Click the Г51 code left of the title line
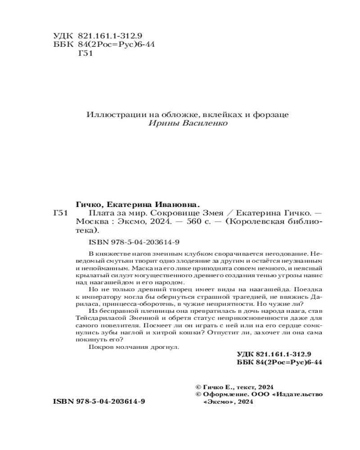[60, 212]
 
